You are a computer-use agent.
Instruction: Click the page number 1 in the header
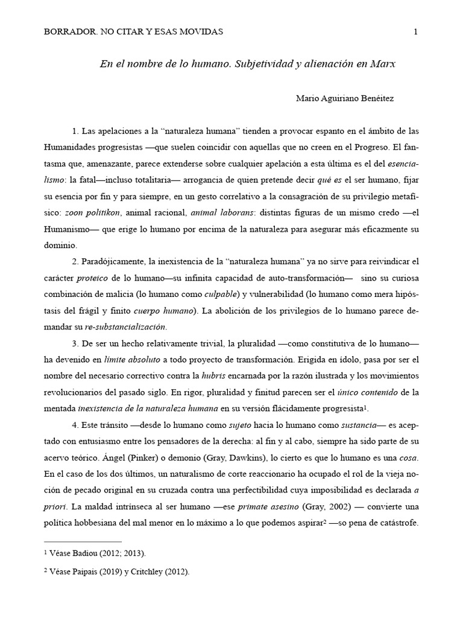click(416, 32)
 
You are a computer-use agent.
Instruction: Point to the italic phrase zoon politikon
click(98, 212)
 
